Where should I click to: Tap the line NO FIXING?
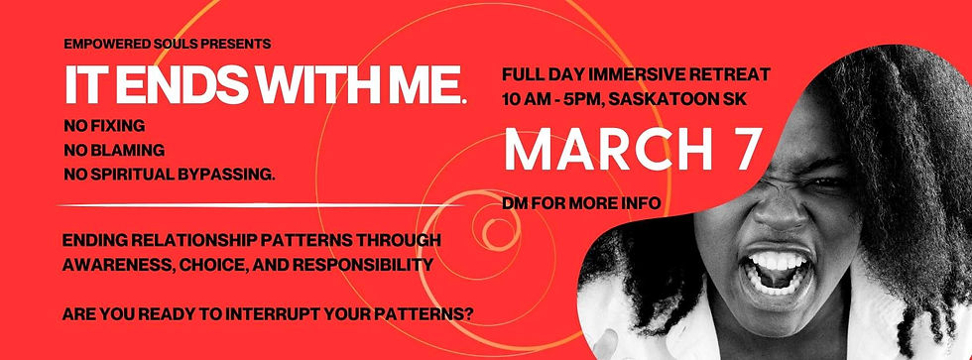(104, 128)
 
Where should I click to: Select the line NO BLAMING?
(112, 151)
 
